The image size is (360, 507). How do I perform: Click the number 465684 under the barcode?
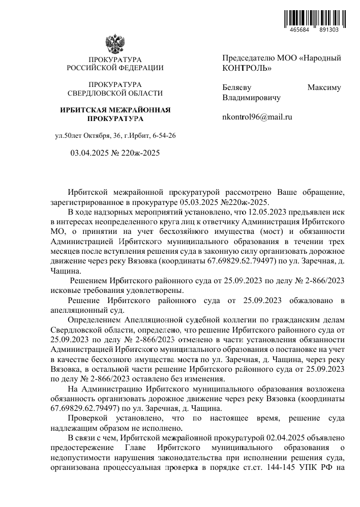299,30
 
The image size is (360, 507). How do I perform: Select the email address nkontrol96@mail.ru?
257,116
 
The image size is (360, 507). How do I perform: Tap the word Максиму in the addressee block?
324,87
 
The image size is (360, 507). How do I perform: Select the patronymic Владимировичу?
251,97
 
